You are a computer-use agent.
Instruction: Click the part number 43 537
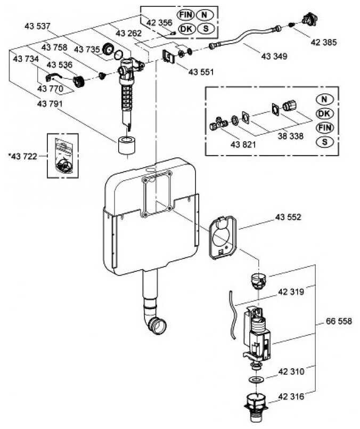click(x=37, y=26)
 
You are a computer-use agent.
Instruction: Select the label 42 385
click(x=323, y=42)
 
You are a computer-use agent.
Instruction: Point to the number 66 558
click(x=339, y=321)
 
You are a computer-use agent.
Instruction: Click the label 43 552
click(x=288, y=217)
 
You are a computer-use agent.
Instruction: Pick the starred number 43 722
click(x=24, y=156)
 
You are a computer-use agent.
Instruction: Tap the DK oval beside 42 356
click(x=186, y=29)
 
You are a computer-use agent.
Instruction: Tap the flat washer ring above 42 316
click(x=256, y=380)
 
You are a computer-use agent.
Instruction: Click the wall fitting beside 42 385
click(x=307, y=20)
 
